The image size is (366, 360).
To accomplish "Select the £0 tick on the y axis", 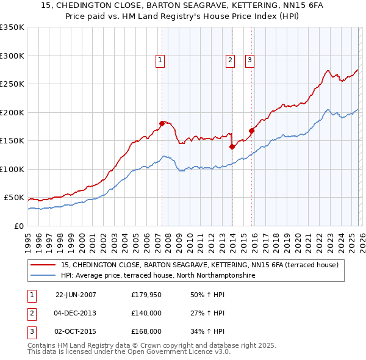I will [x=18, y=226].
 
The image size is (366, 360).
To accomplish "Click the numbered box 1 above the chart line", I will [x=160, y=60].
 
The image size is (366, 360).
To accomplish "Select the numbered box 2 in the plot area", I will [x=230, y=60].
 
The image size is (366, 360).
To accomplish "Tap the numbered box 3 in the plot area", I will [x=249, y=60].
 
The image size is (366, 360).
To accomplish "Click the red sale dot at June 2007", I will [x=162, y=123].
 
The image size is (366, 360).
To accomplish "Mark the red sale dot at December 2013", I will [x=232, y=146].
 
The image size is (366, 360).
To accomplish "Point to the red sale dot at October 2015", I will [x=251, y=130].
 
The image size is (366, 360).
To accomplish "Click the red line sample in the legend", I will [x=44, y=265].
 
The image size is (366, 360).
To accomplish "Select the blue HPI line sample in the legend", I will [x=44, y=276].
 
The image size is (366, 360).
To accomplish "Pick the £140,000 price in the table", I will [x=146, y=313].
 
